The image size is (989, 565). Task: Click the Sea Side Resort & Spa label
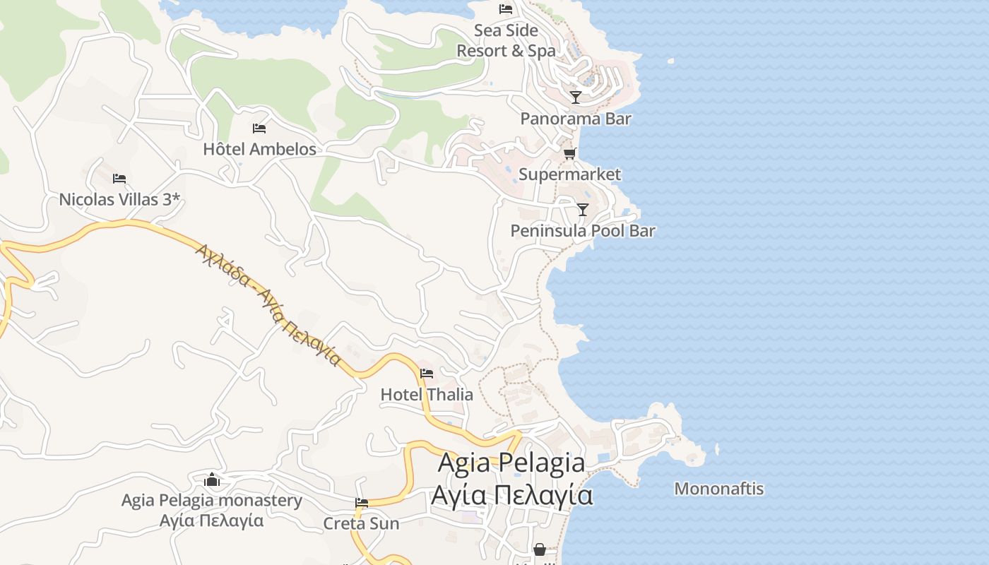506,41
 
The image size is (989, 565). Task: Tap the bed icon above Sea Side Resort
506,9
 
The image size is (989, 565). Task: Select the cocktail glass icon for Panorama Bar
576,97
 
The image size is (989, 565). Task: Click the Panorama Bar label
576,119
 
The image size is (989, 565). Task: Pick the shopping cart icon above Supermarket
569,153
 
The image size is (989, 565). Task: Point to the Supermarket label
569,174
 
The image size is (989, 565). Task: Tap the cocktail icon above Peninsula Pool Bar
582,209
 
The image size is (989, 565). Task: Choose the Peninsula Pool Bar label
583,231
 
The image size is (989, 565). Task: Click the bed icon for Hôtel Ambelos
259,129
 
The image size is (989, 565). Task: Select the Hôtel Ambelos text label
259,150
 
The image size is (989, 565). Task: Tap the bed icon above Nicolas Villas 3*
119,178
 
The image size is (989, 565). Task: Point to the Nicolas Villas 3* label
119,200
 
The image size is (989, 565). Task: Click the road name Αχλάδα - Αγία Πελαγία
268,304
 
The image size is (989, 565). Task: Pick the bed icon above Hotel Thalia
427,373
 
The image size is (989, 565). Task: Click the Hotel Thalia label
427,395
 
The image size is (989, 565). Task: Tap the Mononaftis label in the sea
718,489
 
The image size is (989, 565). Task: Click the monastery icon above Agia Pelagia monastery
212,480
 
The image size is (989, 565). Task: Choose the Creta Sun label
361,524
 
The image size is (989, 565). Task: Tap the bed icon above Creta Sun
362,503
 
